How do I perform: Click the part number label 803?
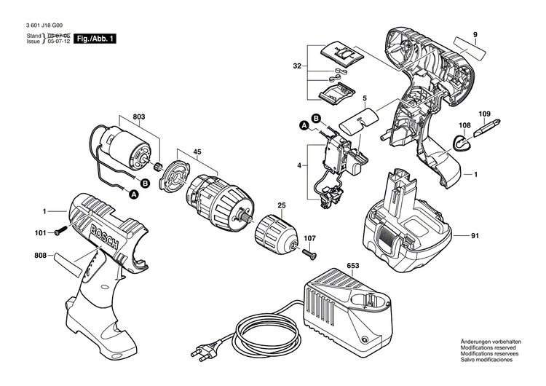(139, 116)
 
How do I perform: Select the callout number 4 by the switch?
(298, 166)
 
